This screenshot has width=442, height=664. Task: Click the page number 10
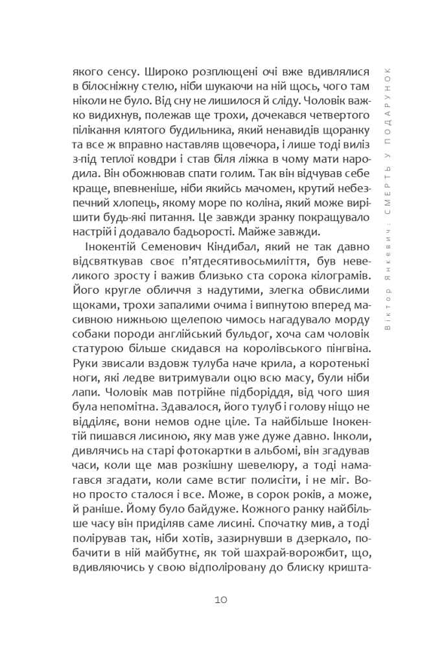pos(220,600)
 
